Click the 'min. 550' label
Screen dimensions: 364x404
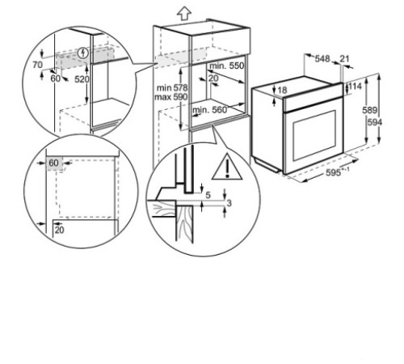click(228, 65)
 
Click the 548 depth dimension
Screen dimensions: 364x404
click(323, 58)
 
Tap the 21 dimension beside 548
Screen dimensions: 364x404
click(346, 58)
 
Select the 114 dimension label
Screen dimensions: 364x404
click(354, 87)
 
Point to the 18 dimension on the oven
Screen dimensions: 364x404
click(282, 90)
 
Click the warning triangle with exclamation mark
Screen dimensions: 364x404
click(227, 168)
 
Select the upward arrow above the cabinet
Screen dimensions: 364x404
click(183, 11)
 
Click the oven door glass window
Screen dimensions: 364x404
click(314, 133)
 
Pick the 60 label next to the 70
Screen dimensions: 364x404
click(54, 79)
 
